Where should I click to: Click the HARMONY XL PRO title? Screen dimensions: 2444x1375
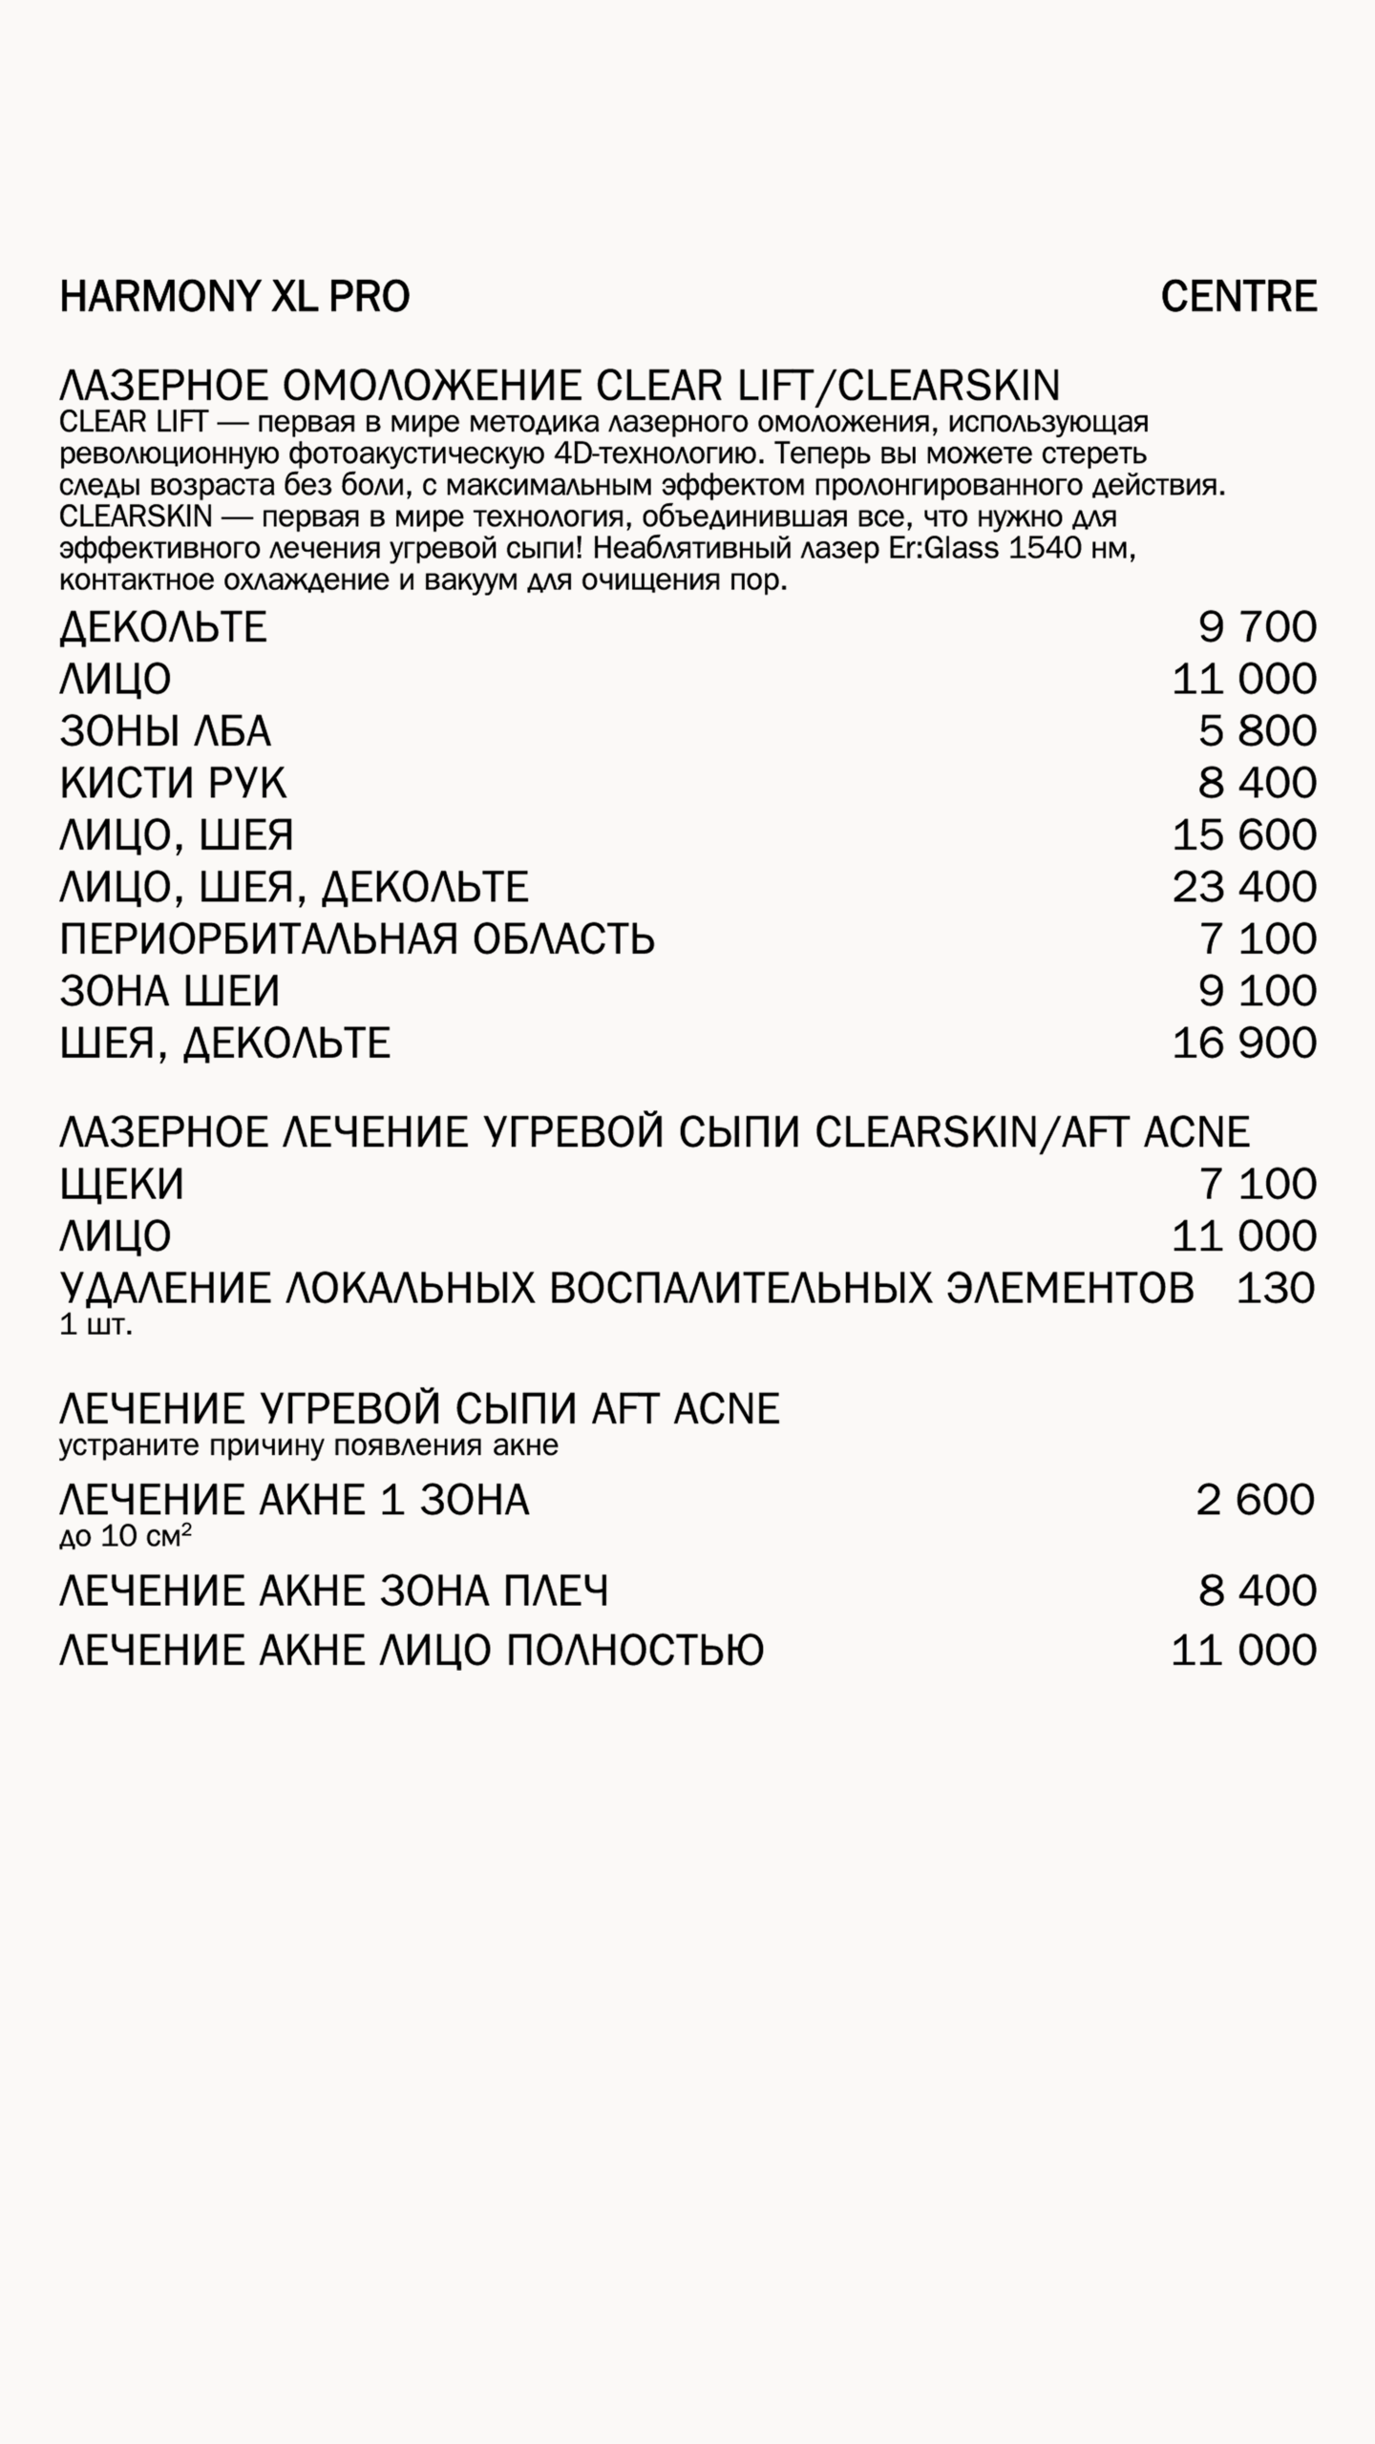coord(235,297)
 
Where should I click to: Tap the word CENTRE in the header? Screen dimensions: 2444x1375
coord(1238,297)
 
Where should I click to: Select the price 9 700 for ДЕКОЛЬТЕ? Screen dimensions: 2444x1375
coord(1258,627)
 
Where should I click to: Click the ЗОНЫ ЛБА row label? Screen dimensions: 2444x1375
coord(165,731)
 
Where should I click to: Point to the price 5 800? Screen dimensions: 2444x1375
coord(1258,731)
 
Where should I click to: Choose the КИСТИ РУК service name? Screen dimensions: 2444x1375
coord(173,783)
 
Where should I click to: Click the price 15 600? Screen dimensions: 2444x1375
coord(1244,835)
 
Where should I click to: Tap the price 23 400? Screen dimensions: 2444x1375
coord(1244,887)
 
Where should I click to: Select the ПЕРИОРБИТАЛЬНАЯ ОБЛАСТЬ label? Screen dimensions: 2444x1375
coord(357,939)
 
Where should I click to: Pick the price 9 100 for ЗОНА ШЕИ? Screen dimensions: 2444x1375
coord(1258,991)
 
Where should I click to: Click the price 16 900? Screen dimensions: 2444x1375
coord(1244,1043)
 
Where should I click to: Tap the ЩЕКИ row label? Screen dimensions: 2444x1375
coord(121,1185)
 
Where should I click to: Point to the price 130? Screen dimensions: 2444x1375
coord(1276,1289)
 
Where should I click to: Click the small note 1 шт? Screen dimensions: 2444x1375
coord(95,1326)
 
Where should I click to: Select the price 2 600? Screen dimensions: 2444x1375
coord(1256,1500)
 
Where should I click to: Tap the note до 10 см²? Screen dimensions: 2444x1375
coord(125,1537)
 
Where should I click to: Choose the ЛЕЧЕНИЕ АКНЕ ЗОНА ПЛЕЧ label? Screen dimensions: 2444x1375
coord(334,1591)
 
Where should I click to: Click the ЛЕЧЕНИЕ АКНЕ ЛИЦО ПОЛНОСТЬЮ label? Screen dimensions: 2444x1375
coord(412,1651)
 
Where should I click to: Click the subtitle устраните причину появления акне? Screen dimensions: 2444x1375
coord(308,1445)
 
